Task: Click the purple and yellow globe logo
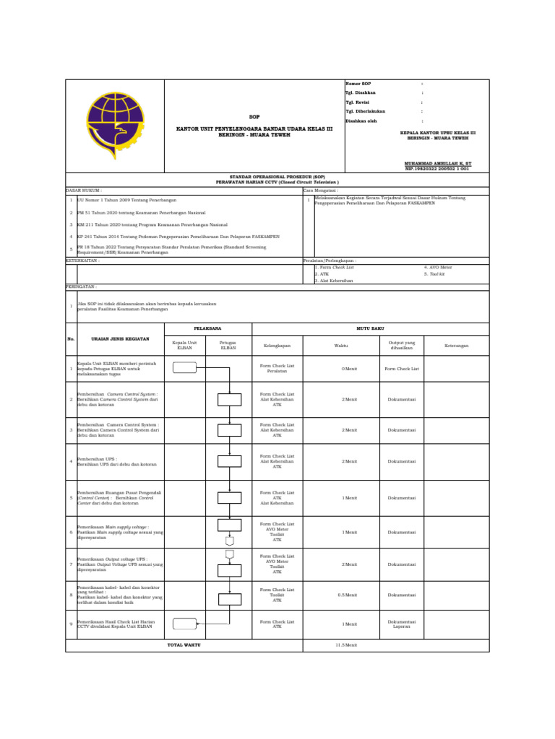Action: pos(115,126)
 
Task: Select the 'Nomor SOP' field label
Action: pos(358,84)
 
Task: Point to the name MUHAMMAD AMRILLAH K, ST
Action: pos(436,164)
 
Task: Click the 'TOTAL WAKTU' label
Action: pos(184,645)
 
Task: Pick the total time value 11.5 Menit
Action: pos(346,645)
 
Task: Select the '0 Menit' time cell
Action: pos(350,368)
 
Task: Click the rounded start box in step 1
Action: pos(185,368)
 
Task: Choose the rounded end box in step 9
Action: pos(185,624)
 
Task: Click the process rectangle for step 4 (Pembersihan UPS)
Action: pos(229,461)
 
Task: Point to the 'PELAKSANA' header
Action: pos(208,329)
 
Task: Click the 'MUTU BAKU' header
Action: pos(370,329)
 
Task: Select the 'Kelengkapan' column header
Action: pos(277,346)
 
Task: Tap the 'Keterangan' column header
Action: pos(456,346)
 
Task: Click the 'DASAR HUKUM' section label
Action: pos(84,191)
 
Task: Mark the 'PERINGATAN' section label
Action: pos(82,287)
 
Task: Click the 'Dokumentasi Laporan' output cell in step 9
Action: pos(401,624)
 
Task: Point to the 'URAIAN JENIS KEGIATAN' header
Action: pos(120,338)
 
